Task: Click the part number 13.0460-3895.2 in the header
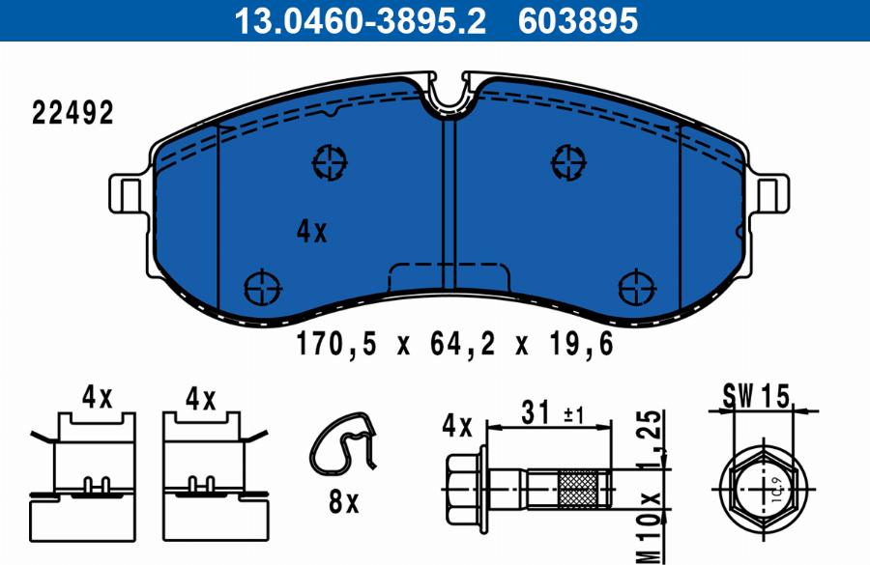point(361,20)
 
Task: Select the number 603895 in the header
point(578,20)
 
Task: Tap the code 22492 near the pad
point(72,113)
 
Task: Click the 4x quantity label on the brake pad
point(312,232)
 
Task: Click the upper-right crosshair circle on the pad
point(567,161)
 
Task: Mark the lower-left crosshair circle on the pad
point(261,287)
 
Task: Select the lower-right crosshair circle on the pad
point(635,287)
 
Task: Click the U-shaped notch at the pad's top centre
point(447,95)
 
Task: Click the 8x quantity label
point(342,501)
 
